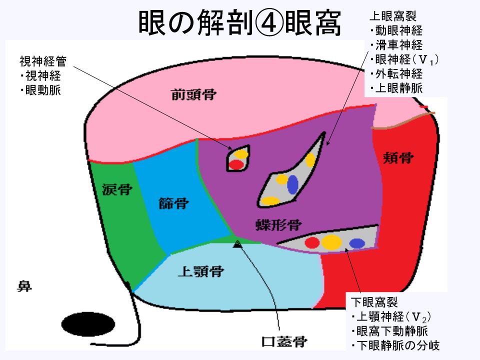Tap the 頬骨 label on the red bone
tap(398, 159)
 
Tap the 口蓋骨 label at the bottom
tap(284, 342)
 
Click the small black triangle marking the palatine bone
tap(237, 243)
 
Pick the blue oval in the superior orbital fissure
tap(292, 184)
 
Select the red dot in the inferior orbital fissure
tap(312, 243)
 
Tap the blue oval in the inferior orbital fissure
tap(356, 243)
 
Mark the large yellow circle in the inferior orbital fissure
tap(331, 242)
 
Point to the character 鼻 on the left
tap(25, 286)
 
